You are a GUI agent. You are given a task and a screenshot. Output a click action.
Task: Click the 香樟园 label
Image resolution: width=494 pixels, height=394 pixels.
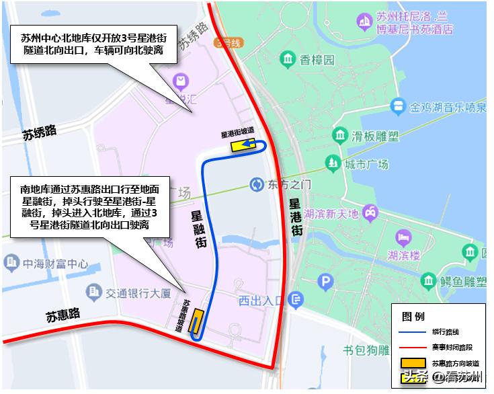tap(317, 61)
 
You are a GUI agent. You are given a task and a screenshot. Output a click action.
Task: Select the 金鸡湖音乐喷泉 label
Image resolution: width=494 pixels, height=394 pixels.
tap(448, 107)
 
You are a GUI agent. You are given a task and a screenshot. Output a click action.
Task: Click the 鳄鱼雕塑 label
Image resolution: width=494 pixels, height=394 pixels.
tap(463, 280)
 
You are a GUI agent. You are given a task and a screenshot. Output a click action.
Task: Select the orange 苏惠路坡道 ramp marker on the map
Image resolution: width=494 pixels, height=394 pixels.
tap(197, 321)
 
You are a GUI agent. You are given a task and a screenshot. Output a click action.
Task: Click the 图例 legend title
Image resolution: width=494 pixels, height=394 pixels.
tap(413, 316)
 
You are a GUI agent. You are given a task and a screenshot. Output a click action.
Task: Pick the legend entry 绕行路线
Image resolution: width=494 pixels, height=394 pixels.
tap(446, 331)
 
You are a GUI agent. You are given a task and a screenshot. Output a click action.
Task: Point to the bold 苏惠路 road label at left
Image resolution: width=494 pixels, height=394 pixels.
tap(63, 314)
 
